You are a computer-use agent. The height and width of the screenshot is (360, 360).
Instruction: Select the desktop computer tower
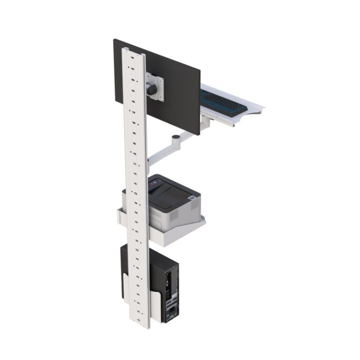coord(164,286)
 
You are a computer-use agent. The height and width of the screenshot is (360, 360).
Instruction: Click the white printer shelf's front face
coord(178,234)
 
